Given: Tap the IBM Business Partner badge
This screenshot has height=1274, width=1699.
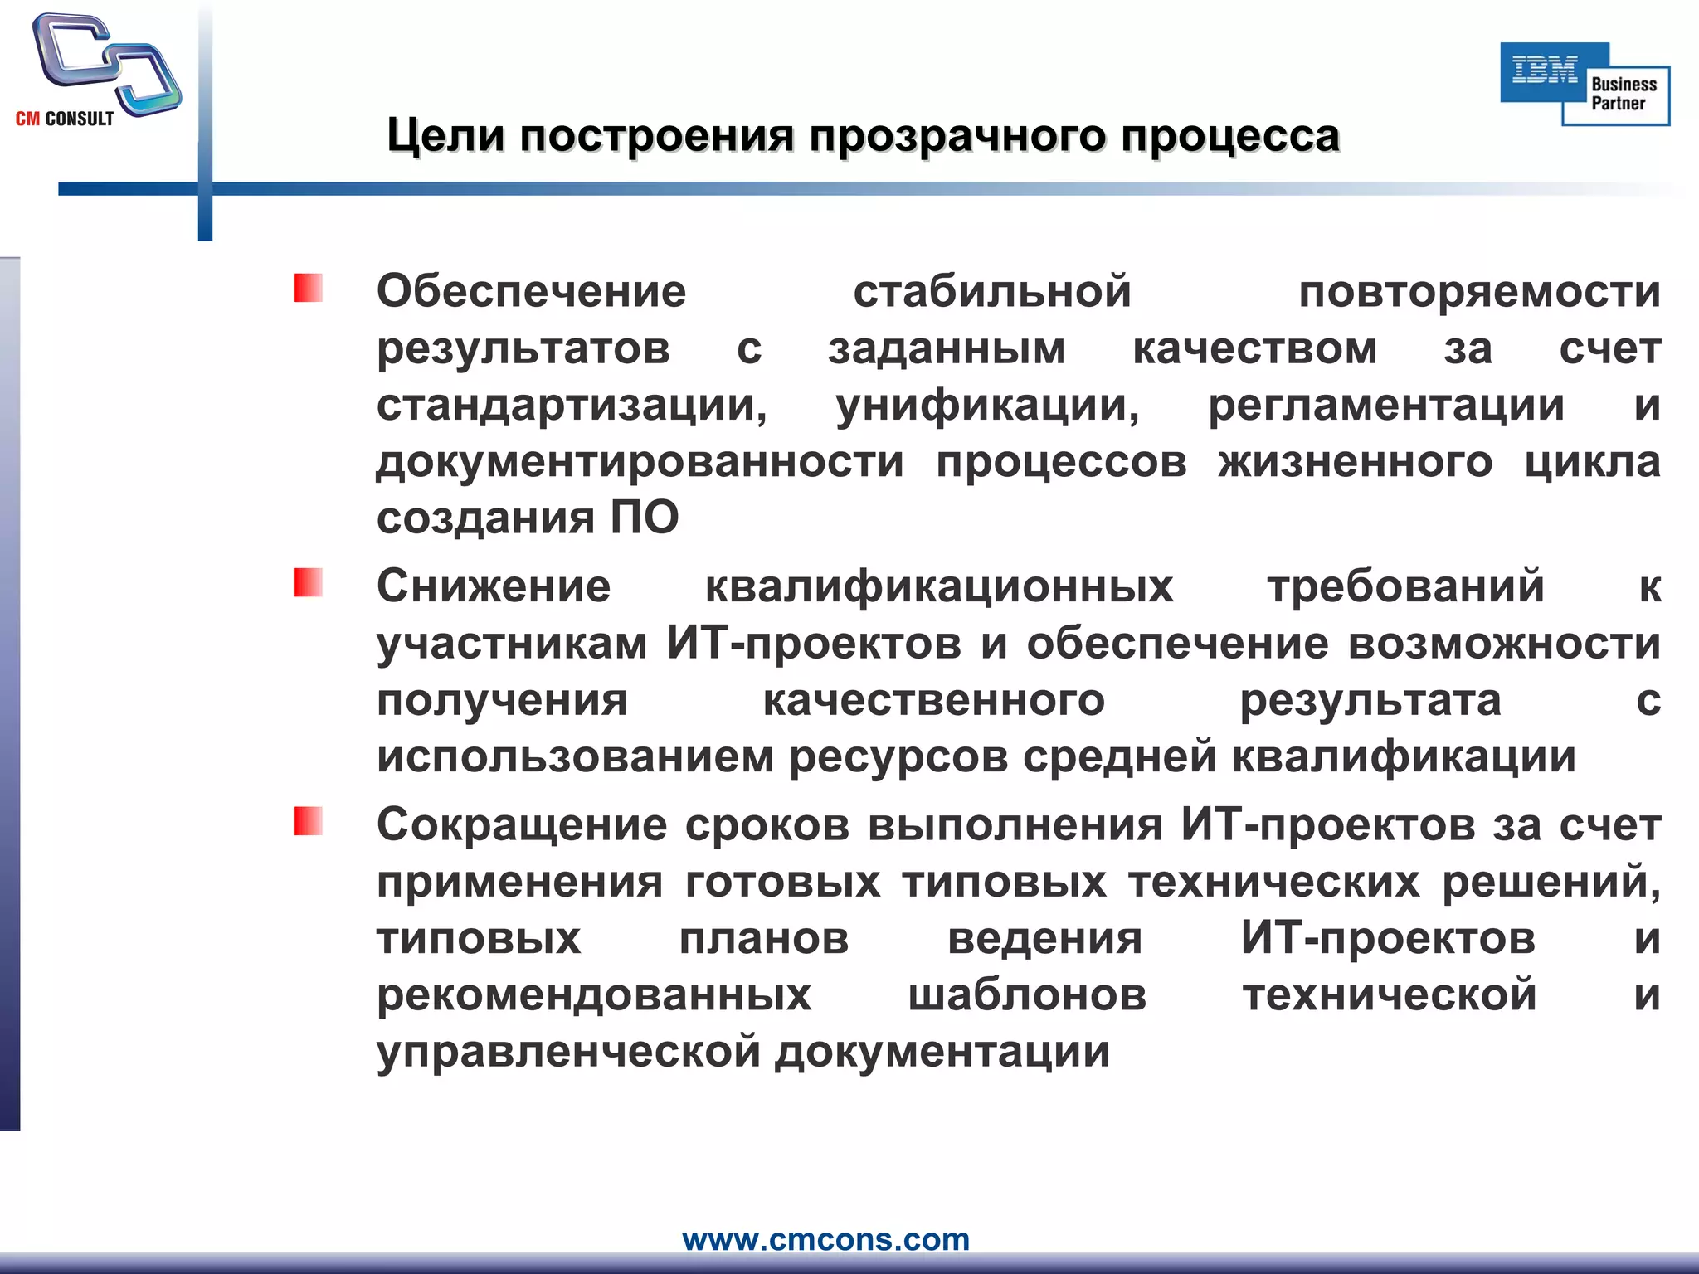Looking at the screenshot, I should [x=1585, y=84].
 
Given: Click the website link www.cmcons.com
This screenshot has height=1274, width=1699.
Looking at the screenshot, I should [x=825, y=1239].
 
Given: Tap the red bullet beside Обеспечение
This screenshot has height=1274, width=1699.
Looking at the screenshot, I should [x=308, y=289].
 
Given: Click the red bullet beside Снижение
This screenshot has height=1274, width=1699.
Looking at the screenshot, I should [x=308, y=583].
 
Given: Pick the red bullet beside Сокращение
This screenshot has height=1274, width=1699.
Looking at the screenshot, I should [x=308, y=822].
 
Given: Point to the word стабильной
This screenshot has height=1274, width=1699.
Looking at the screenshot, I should [x=992, y=292].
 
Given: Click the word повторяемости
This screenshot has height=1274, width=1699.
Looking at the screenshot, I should [x=1479, y=292].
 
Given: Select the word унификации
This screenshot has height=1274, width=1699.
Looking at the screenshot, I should [x=987, y=406].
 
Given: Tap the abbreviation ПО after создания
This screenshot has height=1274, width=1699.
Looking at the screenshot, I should [x=645, y=518].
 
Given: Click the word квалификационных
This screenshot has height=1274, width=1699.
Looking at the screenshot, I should [x=939, y=586].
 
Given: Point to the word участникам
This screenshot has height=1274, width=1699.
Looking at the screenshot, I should [x=512, y=644].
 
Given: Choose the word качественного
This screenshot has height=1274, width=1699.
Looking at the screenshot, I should [x=933, y=701].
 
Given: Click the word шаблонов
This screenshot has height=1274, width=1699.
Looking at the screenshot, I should [x=1027, y=995].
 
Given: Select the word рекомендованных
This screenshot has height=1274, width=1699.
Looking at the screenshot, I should [x=594, y=995].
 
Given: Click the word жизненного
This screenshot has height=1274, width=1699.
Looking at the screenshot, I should [x=1355, y=462].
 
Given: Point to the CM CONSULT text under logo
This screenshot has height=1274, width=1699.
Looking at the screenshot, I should [x=65, y=119].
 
